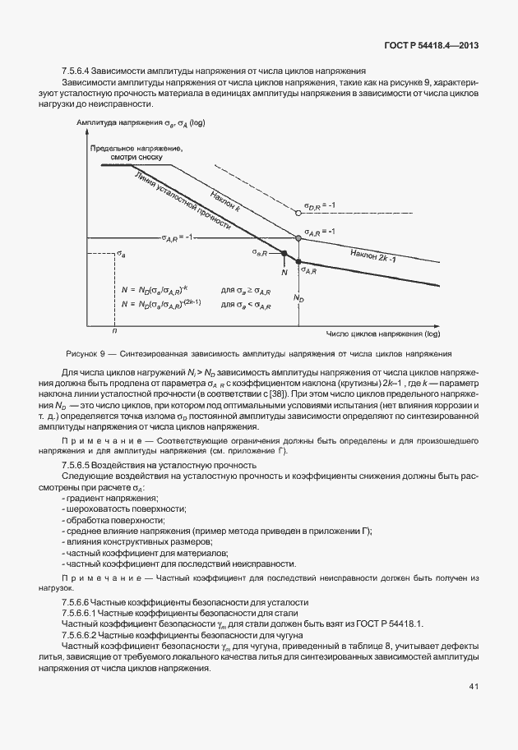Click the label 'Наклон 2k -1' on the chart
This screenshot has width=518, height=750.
click(x=373, y=255)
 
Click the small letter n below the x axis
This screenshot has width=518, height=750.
click(x=113, y=330)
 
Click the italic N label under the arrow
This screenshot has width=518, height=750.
click(x=284, y=270)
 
